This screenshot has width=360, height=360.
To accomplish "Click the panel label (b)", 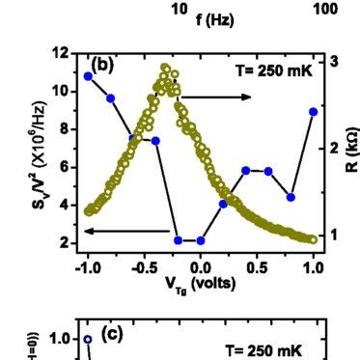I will [x=103, y=65].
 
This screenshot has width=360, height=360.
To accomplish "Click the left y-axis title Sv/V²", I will [x=28, y=151].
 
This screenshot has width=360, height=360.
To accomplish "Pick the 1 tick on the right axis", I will [x=333, y=235].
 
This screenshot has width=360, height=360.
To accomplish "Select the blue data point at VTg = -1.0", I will [x=88, y=76].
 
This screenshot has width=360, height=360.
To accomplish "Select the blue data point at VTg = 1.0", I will [x=313, y=111].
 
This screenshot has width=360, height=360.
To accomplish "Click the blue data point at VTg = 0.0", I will [x=200, y=240].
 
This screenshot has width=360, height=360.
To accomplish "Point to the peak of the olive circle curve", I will [x=166, y=69].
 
